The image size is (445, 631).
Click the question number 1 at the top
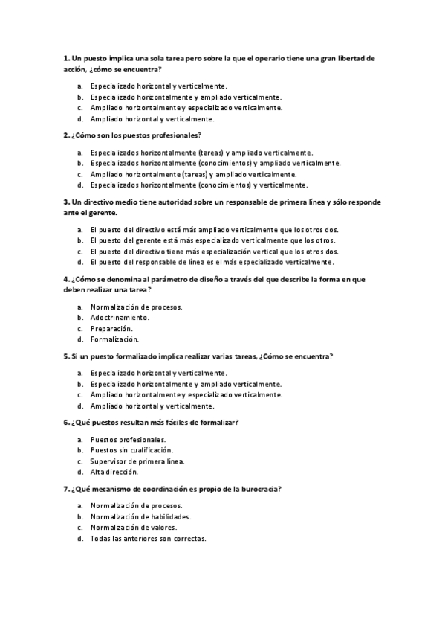65,57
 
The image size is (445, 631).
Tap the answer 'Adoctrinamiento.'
120,317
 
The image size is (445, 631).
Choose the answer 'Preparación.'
111,328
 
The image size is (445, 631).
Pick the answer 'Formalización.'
114,339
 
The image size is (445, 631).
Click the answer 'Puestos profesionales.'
128,439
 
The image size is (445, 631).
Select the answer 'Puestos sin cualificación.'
131,450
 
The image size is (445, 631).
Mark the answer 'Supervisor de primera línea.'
137,461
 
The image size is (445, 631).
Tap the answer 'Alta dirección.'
114,472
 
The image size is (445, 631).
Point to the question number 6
65,423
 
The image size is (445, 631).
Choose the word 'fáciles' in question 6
185,423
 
